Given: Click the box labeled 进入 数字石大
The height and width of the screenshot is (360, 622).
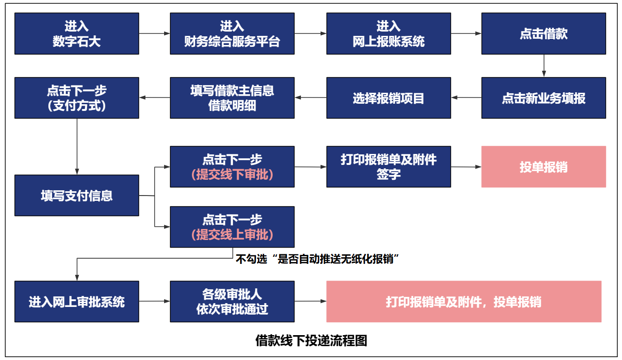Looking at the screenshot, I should (77, 33).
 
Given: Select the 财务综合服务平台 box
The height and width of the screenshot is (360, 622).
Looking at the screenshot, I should (232, 33).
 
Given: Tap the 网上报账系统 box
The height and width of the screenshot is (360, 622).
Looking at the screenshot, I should (389, 33).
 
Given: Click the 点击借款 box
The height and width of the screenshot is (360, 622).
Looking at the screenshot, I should (544, 33).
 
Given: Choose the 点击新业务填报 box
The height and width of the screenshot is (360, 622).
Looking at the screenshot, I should (544, 98).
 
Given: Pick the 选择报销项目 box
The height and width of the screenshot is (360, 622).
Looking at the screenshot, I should (389, 98).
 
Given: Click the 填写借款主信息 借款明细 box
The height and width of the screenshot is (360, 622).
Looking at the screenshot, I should (232, 98).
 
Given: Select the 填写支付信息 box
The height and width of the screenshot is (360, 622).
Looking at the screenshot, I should (77, 195).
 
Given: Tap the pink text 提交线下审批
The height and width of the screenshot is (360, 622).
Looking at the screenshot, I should (232, 175).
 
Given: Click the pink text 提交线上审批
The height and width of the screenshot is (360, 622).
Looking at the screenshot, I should (232, 235).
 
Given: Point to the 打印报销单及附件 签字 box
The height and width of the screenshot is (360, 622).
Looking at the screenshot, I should (389, 166).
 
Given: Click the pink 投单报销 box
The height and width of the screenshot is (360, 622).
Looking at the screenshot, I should (544, 166).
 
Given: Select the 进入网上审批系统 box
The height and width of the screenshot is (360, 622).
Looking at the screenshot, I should (77, 301).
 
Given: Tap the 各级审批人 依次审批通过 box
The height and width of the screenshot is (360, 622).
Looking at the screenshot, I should (232, 301).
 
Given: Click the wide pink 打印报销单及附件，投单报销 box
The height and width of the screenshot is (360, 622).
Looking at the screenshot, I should (464, 301).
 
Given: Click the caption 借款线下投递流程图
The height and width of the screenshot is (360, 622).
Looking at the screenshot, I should (311, 340).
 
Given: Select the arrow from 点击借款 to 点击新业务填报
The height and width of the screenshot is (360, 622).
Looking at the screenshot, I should (544, 65).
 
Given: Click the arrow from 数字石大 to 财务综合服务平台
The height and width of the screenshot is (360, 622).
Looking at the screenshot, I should (155, 33).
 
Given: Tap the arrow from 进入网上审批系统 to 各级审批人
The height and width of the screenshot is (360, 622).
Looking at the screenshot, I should (155, 301).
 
